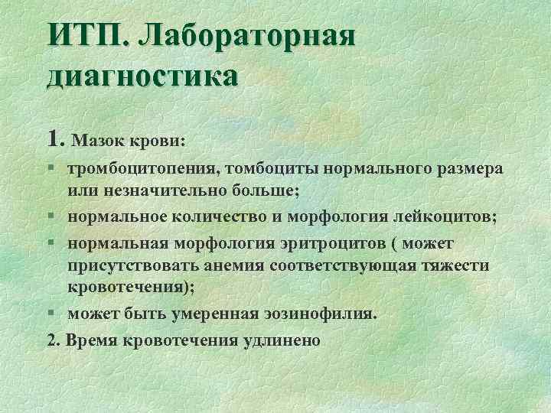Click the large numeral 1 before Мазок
point(53,137)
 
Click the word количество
point(221,216)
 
